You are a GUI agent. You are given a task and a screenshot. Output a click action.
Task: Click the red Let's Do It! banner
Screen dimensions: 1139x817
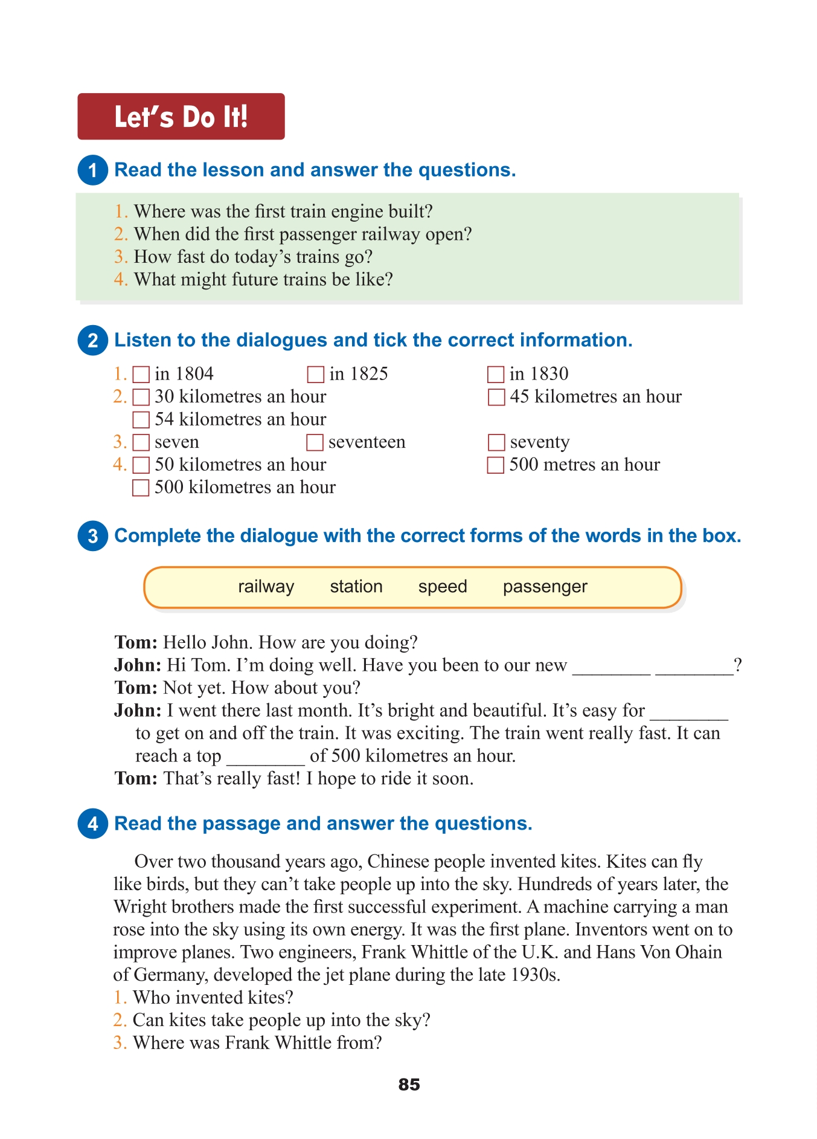tap(181, 117)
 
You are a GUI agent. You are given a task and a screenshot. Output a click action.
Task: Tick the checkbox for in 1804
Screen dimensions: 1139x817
tap(141, 375)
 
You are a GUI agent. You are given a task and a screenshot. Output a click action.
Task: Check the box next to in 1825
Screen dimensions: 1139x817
tap(315, 375)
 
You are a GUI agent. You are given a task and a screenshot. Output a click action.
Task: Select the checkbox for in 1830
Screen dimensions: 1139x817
tap(496, 375)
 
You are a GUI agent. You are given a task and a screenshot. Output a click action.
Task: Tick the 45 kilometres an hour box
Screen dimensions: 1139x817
tap(496, 397)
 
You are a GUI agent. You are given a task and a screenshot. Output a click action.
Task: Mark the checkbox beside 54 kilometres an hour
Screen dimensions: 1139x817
tap(141, 420)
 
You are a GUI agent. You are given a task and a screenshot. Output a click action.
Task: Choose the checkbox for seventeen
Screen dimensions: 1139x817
tap(315, 442)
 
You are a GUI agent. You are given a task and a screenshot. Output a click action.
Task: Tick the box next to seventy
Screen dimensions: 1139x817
tap(496, 442)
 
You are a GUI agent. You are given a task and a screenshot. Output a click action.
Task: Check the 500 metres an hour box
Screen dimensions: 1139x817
tap(496, 465)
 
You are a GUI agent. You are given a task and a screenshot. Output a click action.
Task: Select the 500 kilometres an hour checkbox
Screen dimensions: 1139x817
tap(141, 488)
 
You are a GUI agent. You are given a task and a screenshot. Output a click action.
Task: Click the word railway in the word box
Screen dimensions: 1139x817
tap(266, 587)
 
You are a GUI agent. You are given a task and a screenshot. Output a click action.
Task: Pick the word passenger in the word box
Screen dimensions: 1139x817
tap(545, 587)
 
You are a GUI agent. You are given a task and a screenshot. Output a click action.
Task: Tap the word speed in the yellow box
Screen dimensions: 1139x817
tap(443, 587)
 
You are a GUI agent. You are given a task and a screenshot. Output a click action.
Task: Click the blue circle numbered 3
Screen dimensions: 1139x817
tap(92, 536)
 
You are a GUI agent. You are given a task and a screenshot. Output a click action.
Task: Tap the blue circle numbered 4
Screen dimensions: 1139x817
tap(92, 824)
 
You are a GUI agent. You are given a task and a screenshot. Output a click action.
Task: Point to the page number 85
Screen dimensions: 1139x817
tap(409, 1085)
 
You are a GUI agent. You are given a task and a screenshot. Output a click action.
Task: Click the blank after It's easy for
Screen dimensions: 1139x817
tap(689, 712)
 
